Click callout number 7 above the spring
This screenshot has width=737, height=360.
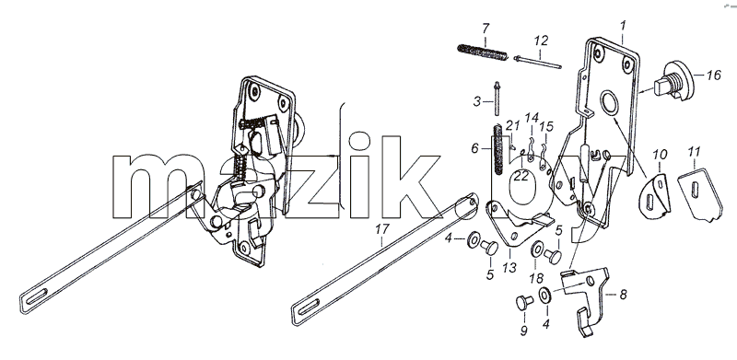pos(485,29)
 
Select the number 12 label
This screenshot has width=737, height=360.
pos(541,41)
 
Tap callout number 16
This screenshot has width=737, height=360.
pos(713,75)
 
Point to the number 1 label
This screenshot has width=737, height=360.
pos(624,26)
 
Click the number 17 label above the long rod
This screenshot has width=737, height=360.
pos(382,229)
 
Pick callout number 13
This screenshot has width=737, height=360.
pos(509,267)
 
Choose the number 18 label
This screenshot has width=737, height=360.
pos(536,278)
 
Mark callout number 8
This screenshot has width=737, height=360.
pos(624,295)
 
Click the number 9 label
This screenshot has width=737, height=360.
pos(523,331)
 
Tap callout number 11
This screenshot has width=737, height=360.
pos(694,152)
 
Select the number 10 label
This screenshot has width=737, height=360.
pos(660,154)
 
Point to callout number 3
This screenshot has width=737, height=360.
pos(477,101)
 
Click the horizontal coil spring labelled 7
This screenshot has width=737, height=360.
pos(483,52)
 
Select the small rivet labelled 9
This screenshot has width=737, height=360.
pos(523,303)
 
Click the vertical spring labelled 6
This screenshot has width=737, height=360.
pos(497,148)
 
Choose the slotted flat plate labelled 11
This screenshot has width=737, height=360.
pos(699,194)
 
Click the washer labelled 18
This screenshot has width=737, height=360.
pos(536,250)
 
